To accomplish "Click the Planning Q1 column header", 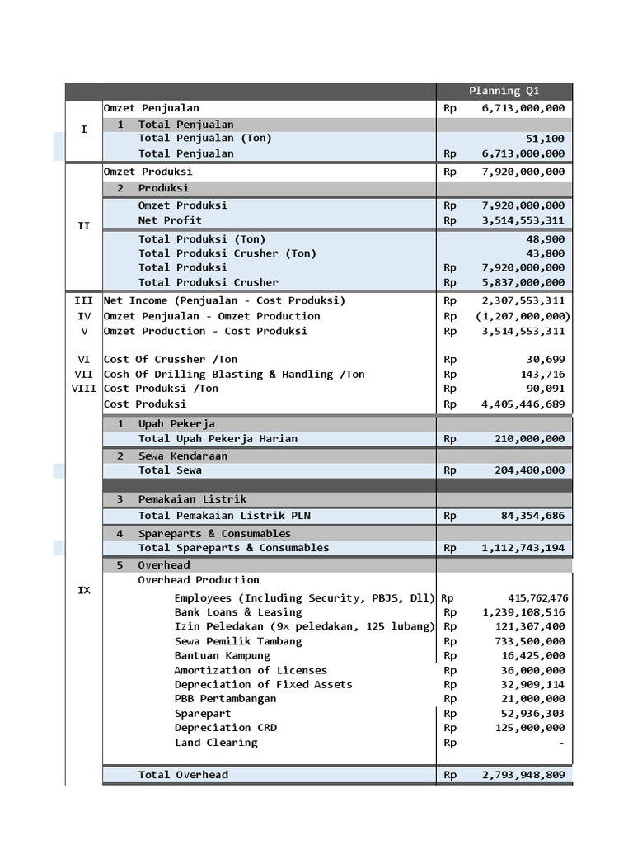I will click(x=504, y=91).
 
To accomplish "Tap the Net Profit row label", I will click(x=170, y=220).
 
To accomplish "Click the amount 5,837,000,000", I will click(x=523, y=282).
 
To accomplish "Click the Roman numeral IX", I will click(x=83, y=591).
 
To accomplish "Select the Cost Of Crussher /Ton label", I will click(x=171, y=359).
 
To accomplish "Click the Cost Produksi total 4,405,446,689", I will click(x=523, y=404).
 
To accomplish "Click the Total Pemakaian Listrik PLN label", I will click(x=224, y=516).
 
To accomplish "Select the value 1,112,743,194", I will click(x=523, y=548).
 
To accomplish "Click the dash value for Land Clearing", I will click(x=561, y=743).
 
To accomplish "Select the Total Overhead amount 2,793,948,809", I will click(x=523, y=775).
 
